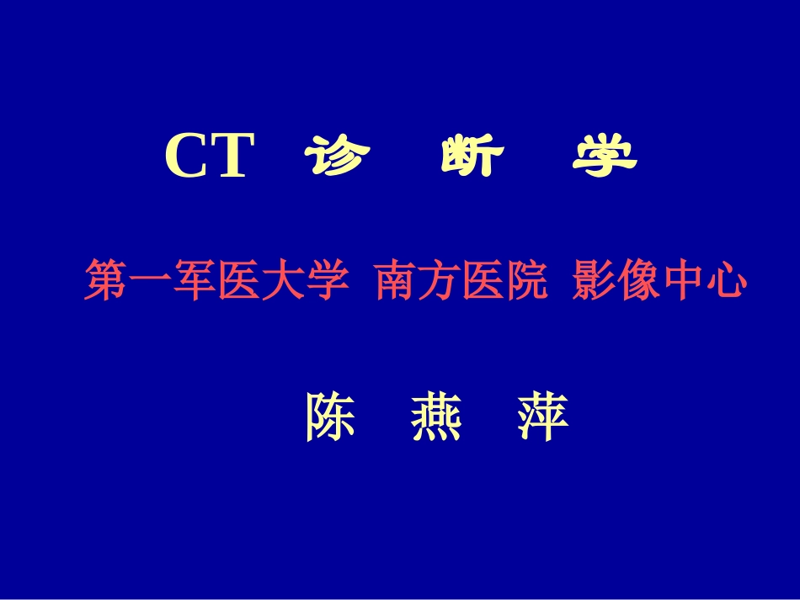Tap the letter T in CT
coord(231,157)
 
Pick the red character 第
coord(105,281)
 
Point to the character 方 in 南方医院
coord(439,281)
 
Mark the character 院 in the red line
coord(526,281)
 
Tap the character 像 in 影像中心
coord(637,281)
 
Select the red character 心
coord(726,281)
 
